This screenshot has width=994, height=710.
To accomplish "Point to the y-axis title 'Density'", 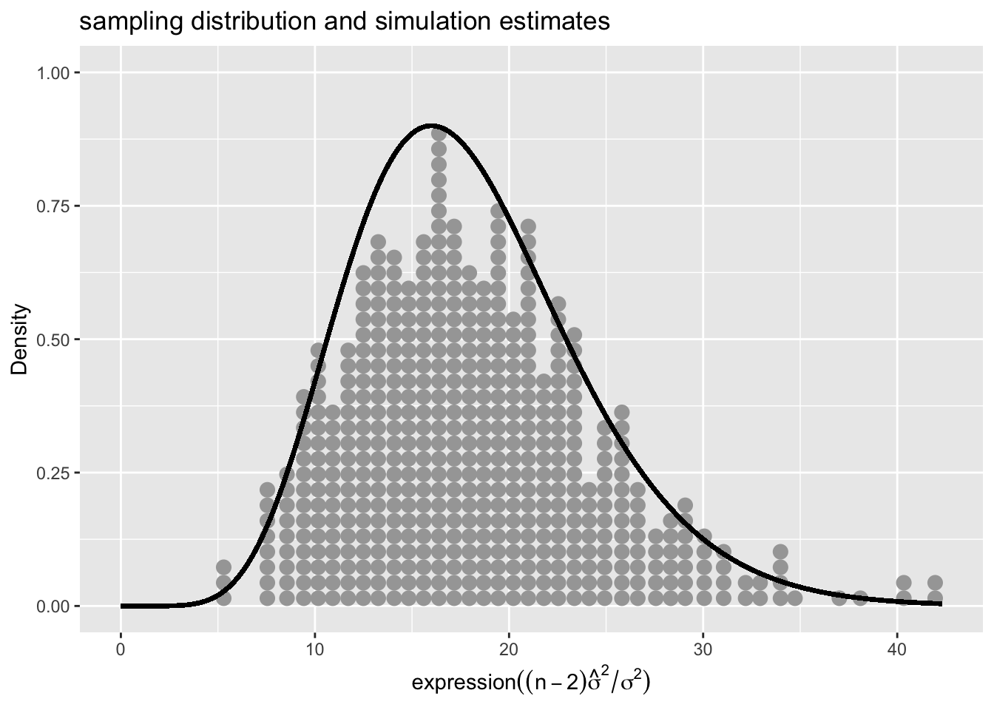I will [x=19, y=339].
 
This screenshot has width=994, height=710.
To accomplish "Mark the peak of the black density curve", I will [x=431, y=126].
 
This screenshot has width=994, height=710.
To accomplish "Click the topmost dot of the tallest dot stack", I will [x=439, y=134].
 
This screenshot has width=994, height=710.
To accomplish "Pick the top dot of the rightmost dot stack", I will [x=935, y=582].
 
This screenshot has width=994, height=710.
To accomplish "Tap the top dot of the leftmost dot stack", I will [x=223, y=567].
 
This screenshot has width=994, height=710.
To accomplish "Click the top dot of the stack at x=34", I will [x=780, y=552].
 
